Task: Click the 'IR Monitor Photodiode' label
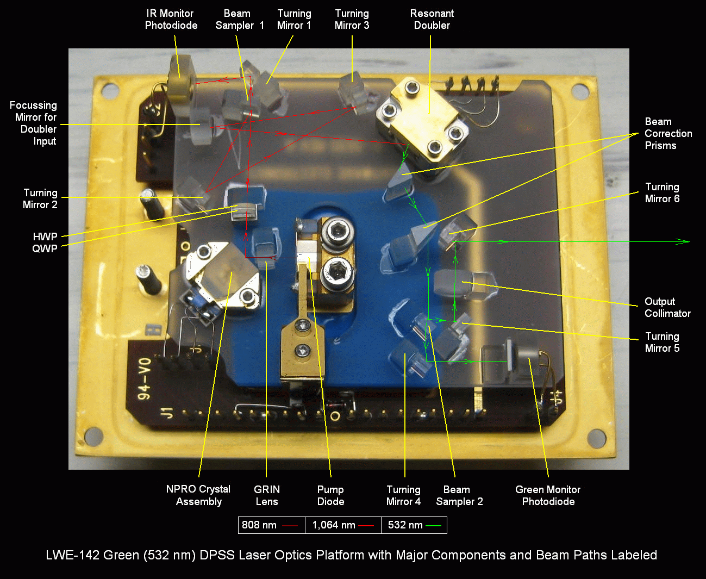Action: point(171,20)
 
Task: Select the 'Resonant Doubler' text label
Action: point(432,20)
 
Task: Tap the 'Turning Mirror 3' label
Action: point(352,20)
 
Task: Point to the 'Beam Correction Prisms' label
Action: point(668,133)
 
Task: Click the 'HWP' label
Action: point(45,236)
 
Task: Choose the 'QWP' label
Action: point(45,248)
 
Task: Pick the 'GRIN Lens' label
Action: point(266,495)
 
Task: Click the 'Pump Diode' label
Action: point(330,495)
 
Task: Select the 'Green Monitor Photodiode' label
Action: point(548,495)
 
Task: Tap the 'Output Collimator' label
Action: point(667,307)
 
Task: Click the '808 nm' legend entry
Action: point(270,525)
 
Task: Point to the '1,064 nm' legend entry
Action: point(343,525)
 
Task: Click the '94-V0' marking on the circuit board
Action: point(145,379)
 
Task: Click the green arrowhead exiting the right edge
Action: point(683,241)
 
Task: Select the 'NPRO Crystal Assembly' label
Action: point(198,495)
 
